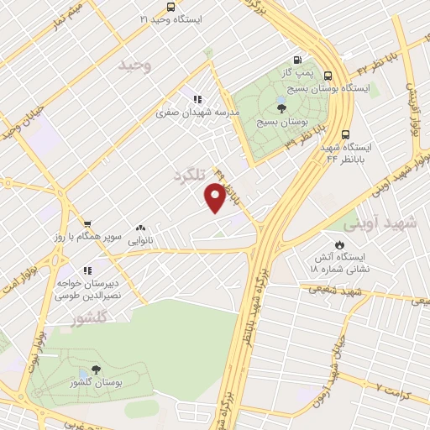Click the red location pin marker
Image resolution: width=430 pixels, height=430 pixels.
click(x=216, y=198)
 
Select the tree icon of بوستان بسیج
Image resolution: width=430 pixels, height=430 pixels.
click(x=280, y=107)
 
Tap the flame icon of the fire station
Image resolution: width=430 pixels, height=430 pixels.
click(x=338, y=244)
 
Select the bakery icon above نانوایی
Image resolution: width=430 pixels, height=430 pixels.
click(x=139, y=227)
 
